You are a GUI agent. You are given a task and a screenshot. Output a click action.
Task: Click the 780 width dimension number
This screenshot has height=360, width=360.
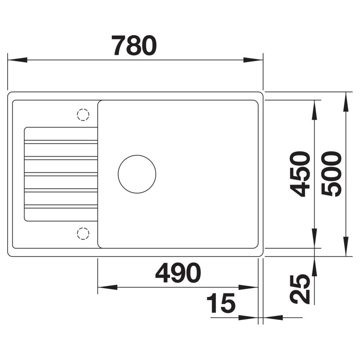coord(134,45)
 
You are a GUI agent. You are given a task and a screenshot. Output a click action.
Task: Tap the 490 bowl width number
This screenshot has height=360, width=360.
coord(178,273)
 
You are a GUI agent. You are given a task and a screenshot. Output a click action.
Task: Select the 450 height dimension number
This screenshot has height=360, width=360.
coord(300,174)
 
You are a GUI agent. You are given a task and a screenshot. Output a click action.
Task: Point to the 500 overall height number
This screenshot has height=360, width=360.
coord(332,174)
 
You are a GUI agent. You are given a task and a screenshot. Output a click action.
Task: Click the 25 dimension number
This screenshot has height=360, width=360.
coord(300,289)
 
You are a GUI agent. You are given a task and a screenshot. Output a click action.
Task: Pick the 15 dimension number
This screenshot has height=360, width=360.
coord(221,303)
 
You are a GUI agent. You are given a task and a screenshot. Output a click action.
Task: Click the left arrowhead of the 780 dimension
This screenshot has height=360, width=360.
coord(18,60)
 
